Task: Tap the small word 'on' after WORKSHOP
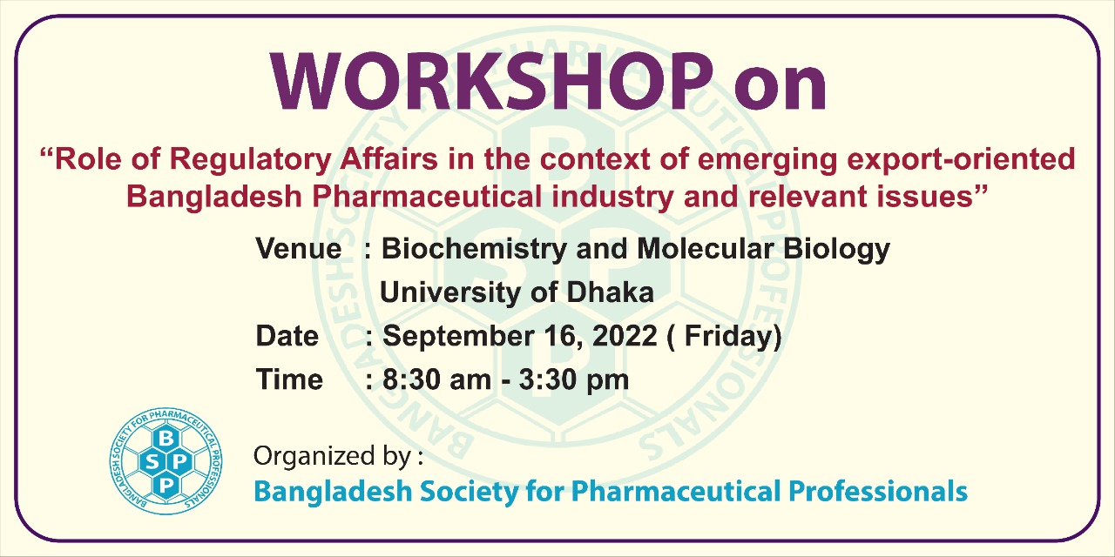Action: point(780,87)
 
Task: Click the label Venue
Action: point(298,250)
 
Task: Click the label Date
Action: point(287,336)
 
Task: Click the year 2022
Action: point(624,336)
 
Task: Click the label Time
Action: point(289,379)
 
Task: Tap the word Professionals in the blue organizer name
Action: point(878,491)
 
